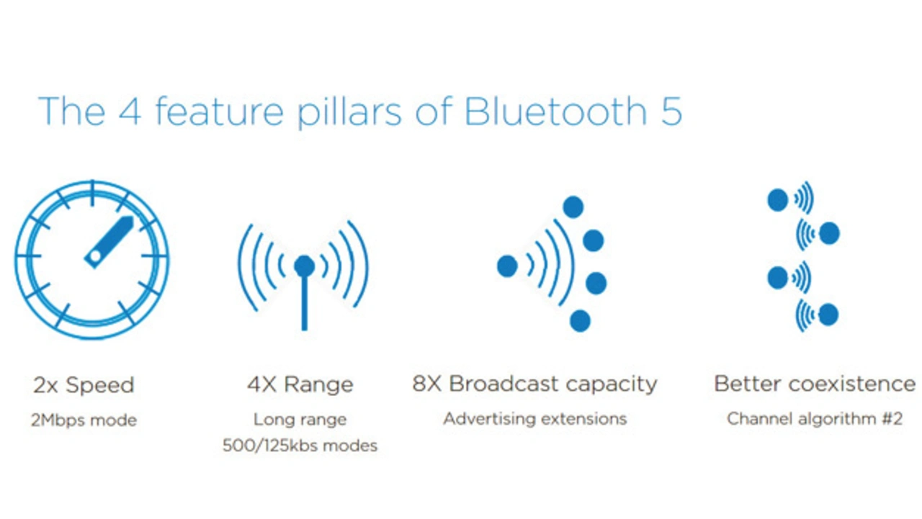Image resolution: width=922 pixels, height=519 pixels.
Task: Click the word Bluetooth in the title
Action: click(555, 111)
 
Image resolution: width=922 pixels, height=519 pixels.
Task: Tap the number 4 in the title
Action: click(130, 111)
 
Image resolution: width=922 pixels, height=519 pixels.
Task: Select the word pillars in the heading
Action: click(349, 112)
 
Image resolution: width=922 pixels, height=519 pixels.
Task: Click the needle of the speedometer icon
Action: click(108, 243)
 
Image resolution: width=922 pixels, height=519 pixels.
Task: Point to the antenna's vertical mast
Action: click(305, 302)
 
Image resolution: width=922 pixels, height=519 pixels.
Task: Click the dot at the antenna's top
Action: click(305, 266)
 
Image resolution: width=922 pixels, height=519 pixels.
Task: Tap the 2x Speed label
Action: click(84, 385)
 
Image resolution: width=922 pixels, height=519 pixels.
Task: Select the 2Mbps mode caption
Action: click(84, 420)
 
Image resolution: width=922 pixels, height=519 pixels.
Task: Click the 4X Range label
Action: click(300, 385)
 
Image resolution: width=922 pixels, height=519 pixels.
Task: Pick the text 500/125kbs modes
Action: click(300, 446)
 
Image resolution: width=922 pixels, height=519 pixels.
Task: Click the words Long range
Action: click(300, 420)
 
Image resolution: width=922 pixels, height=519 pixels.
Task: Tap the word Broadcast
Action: click(503, 384)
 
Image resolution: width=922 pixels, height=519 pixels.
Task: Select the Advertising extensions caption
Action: click(534, 419)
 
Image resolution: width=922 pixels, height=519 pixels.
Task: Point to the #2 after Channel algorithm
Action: click(892, 419)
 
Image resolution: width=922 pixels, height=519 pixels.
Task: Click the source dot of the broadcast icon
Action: click(507, 266)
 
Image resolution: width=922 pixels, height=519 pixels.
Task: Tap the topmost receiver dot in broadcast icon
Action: click(573, 207)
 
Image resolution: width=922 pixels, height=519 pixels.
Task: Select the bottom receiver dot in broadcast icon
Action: click(580, 321)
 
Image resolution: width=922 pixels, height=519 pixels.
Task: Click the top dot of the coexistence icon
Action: click(778, 200)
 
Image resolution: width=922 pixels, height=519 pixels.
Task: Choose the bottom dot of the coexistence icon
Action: click(828, 315)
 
